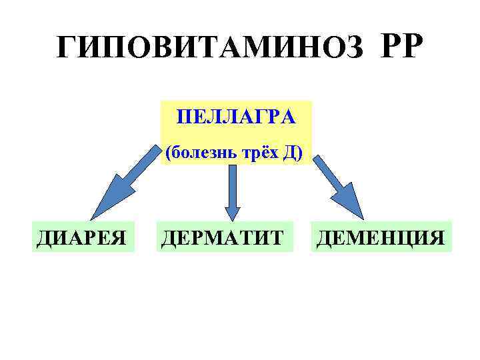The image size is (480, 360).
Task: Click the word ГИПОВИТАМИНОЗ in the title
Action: (210, 47)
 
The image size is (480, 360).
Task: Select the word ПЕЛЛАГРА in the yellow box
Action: (236, 118)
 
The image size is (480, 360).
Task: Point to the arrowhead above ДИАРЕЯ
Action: (107, 203)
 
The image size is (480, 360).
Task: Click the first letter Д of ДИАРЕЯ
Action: (42, 237)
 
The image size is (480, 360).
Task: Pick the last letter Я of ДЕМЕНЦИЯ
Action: (437, 237)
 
